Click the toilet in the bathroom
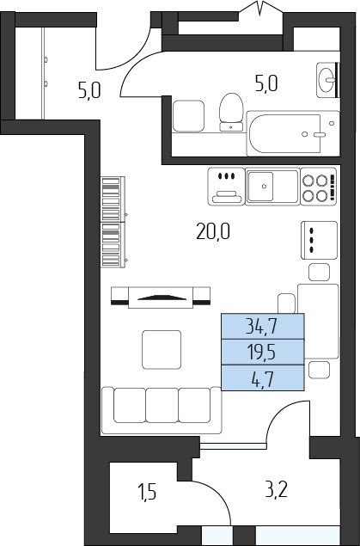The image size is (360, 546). coord(231,112)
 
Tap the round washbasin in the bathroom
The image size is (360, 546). coord(327,80)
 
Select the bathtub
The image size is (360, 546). coord(293,133)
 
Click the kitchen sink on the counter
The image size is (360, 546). coord(272,187)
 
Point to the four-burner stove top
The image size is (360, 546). coord(319,187)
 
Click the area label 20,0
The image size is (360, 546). coord(213,231)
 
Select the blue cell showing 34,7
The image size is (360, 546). coord(263,326)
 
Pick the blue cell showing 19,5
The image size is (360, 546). coord(263,352)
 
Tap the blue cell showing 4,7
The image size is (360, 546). coord(263,377)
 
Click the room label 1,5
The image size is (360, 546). coord(149,493)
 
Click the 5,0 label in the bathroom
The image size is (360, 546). coord(266,83)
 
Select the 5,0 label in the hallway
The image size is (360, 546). coord(89,90)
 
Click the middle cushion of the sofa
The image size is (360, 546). coord(162,405)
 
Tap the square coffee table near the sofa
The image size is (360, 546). coord(162,350)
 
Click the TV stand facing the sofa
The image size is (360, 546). coord(161,298)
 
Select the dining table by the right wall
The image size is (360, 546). coord(318,321)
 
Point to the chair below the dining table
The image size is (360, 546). coord(319,370)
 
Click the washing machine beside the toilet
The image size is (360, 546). coord(188,116)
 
